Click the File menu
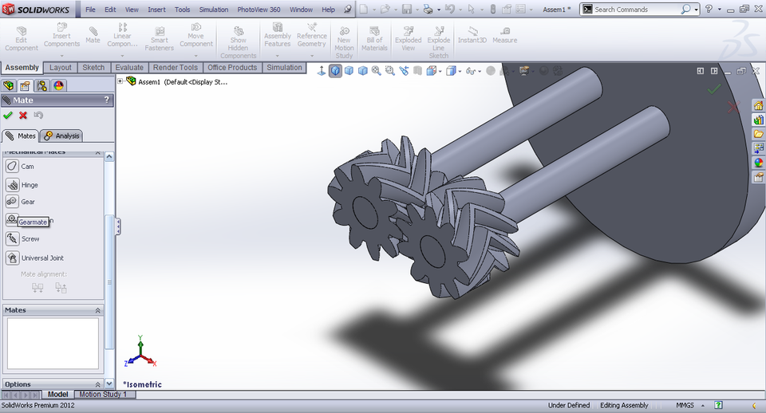click(x=90, y=10)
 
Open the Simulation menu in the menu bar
click(x=213, y=10)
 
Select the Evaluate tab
click(x=129, y=68)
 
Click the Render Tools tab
click(x=176, y=68)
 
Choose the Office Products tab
click(x=232, y=68)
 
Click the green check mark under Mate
click(x=8, y=116)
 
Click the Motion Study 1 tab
click(x=102, y=395)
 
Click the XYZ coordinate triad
click(x=139, y=352)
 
